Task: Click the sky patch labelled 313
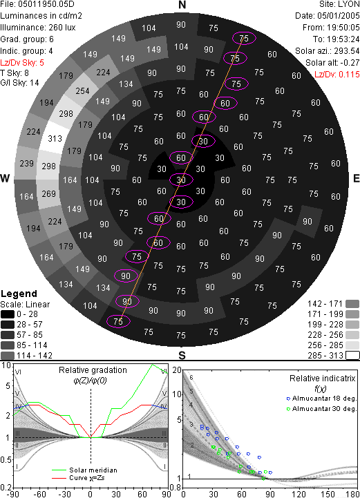tap(55, 139)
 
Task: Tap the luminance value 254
tap(83, 91)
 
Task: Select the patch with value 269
tap(48, 193)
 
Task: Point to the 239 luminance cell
tap(26, 164)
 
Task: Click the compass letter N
tap(182, 5)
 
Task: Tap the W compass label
tap(5, 178)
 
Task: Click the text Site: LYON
tap(339, 4)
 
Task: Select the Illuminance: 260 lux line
tap(38, 28)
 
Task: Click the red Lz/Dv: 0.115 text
tap(337, 75)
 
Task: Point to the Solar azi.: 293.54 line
tap(328, 51)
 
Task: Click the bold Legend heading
tap(19, 294)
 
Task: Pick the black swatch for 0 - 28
tap(8, 314)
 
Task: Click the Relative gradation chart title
tap(93, 370)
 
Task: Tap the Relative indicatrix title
tap(323, 379)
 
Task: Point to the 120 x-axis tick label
tap(299, 494)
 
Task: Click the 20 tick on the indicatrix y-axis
tap(177, 370)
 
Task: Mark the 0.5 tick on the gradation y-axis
tap(6, 459)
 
